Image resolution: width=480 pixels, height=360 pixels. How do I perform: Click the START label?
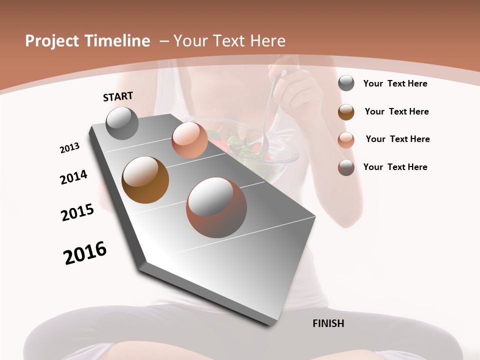tap(118, 96)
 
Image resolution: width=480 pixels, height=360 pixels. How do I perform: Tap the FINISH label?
tap(328, 323)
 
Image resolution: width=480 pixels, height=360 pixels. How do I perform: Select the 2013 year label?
tap(69, 148)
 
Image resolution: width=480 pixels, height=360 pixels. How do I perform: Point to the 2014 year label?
tap(73, 177)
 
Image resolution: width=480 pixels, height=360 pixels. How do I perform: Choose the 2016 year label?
tap(85, 253)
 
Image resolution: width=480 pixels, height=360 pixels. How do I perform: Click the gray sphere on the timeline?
tap(122, 123)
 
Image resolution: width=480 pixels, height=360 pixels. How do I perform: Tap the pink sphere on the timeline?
tap(189, 140)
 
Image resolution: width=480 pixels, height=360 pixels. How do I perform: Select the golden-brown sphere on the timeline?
tap(145, 180)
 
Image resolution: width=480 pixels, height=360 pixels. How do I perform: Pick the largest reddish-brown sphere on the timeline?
tap(216, 207)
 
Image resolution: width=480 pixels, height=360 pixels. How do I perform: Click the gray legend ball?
tap(346, 83)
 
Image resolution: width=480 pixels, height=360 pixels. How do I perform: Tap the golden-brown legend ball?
tap(346, 112)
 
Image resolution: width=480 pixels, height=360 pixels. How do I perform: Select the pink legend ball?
tap(346, 139)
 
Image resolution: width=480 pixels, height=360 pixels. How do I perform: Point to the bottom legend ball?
tap(346, 167)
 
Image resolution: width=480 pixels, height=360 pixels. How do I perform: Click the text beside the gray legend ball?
tap(395, 83)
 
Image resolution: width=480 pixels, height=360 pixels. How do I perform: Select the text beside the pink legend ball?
tap(397, 139)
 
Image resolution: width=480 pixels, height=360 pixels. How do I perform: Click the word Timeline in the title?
tap(118, 41)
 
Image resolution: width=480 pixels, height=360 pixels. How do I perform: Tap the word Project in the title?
tap(52, 41)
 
